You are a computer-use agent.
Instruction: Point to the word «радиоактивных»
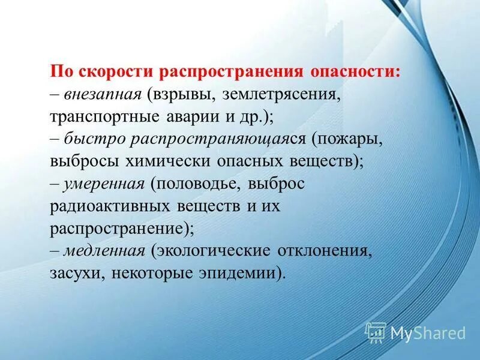[x=112, y=206]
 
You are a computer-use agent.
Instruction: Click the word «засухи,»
[x=73, y=273]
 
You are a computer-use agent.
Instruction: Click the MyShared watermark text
[x=427, y=332]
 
